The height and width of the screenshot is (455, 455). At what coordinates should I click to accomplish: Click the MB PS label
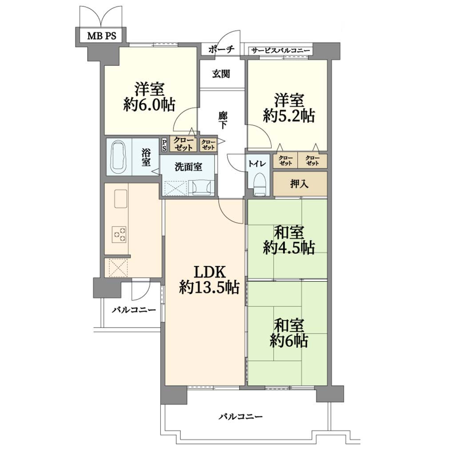click(x=102, y=36)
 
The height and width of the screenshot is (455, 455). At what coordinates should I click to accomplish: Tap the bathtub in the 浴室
click(x=119, y=157)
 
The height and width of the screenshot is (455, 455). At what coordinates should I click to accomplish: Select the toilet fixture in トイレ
click(x=259, y=184)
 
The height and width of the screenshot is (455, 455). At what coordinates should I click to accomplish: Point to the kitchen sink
click(x=121, y=199)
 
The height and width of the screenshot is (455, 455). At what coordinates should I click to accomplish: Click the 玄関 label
click(x=221, y=74)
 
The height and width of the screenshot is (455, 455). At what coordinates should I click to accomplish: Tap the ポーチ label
click(x=221, y=49)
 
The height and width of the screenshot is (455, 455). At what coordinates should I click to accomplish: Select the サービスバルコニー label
click(x=280, y=51)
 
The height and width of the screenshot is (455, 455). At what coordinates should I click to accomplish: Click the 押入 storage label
click(x=299, y=184)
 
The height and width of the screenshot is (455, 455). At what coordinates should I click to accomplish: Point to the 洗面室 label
click(x=188, y=167)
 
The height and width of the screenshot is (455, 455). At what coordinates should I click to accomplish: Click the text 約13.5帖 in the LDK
click(x=209, y=287)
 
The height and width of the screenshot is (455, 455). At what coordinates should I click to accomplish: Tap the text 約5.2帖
click(x=289, y=116)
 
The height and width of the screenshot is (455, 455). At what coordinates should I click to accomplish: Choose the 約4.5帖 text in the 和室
click(x=289, y=248)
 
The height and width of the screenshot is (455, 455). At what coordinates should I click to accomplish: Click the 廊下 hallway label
click(x=223, y=120)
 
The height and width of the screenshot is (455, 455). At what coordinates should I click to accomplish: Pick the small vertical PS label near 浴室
click(x=164, y=145)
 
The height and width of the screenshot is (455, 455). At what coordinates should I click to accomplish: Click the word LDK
click(x=210, y=272)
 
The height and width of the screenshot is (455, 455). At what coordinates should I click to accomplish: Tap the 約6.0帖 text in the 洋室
click(x=149, y=104)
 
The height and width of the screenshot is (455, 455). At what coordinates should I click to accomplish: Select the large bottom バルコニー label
click(x=240, y=417)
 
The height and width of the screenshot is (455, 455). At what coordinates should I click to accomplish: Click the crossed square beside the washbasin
click(x=176, y=188)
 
